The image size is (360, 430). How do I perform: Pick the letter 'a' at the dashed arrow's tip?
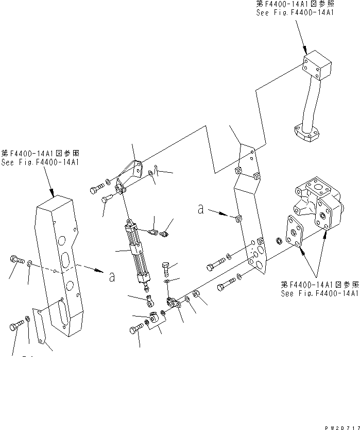point(112,277)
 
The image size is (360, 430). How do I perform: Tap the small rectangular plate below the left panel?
point(41,325)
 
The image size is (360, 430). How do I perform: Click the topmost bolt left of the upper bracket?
point(96,189)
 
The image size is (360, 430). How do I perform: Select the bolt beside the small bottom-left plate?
point(15,326)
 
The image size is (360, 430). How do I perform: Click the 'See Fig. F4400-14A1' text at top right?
point(295,12)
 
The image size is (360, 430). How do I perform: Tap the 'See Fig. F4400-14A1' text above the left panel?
point(40,162)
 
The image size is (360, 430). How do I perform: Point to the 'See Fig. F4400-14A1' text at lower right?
point(319,293)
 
